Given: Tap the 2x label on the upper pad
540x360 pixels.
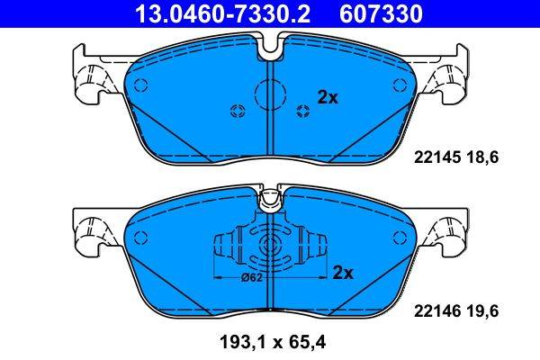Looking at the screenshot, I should pos(327,98).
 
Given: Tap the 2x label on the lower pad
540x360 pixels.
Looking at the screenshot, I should pos(343,272).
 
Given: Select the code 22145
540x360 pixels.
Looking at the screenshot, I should pos(435,156).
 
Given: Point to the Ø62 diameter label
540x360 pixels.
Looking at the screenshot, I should pos(252,277).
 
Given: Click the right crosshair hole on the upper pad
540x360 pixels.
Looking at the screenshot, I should pos(302,111).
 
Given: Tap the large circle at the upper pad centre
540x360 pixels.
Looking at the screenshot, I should pos(271,93).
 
